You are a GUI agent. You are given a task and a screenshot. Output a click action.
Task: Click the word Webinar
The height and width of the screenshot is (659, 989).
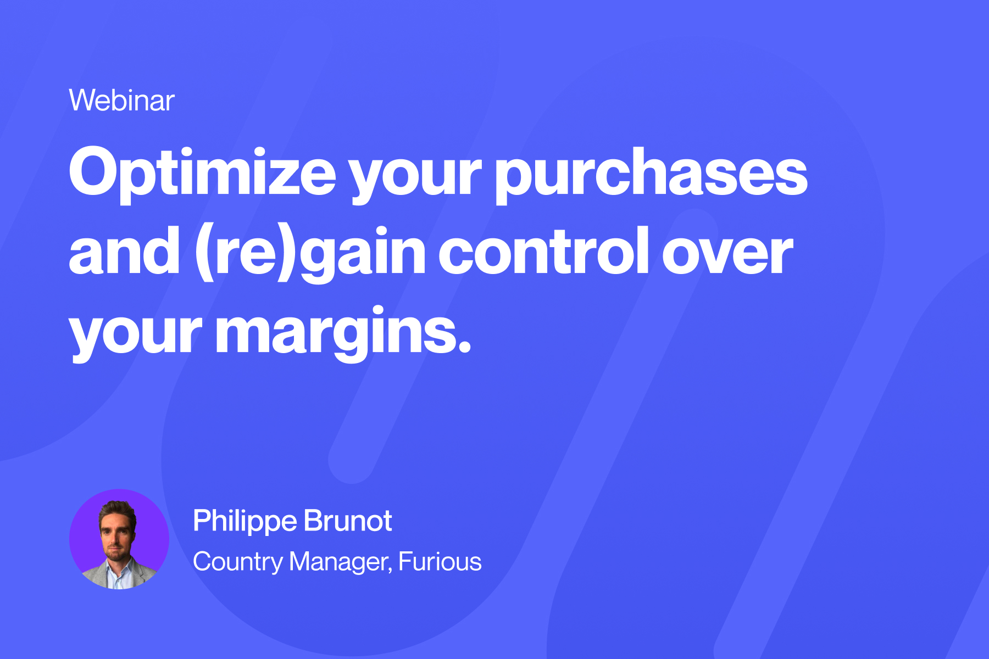[x=121, y=100]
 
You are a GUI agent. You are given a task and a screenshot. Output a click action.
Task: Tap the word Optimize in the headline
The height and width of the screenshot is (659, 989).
[x=202, y=175]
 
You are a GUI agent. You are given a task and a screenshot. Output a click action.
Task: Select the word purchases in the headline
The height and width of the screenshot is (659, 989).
[x=651, y=175]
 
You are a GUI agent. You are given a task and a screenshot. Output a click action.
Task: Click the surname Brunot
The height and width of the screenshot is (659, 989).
[x=348, y=521]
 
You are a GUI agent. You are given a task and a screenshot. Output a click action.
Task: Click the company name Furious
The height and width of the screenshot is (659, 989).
[x=440, y=561]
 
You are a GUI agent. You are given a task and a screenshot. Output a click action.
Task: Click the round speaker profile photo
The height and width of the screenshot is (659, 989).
[x=119, y=539]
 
